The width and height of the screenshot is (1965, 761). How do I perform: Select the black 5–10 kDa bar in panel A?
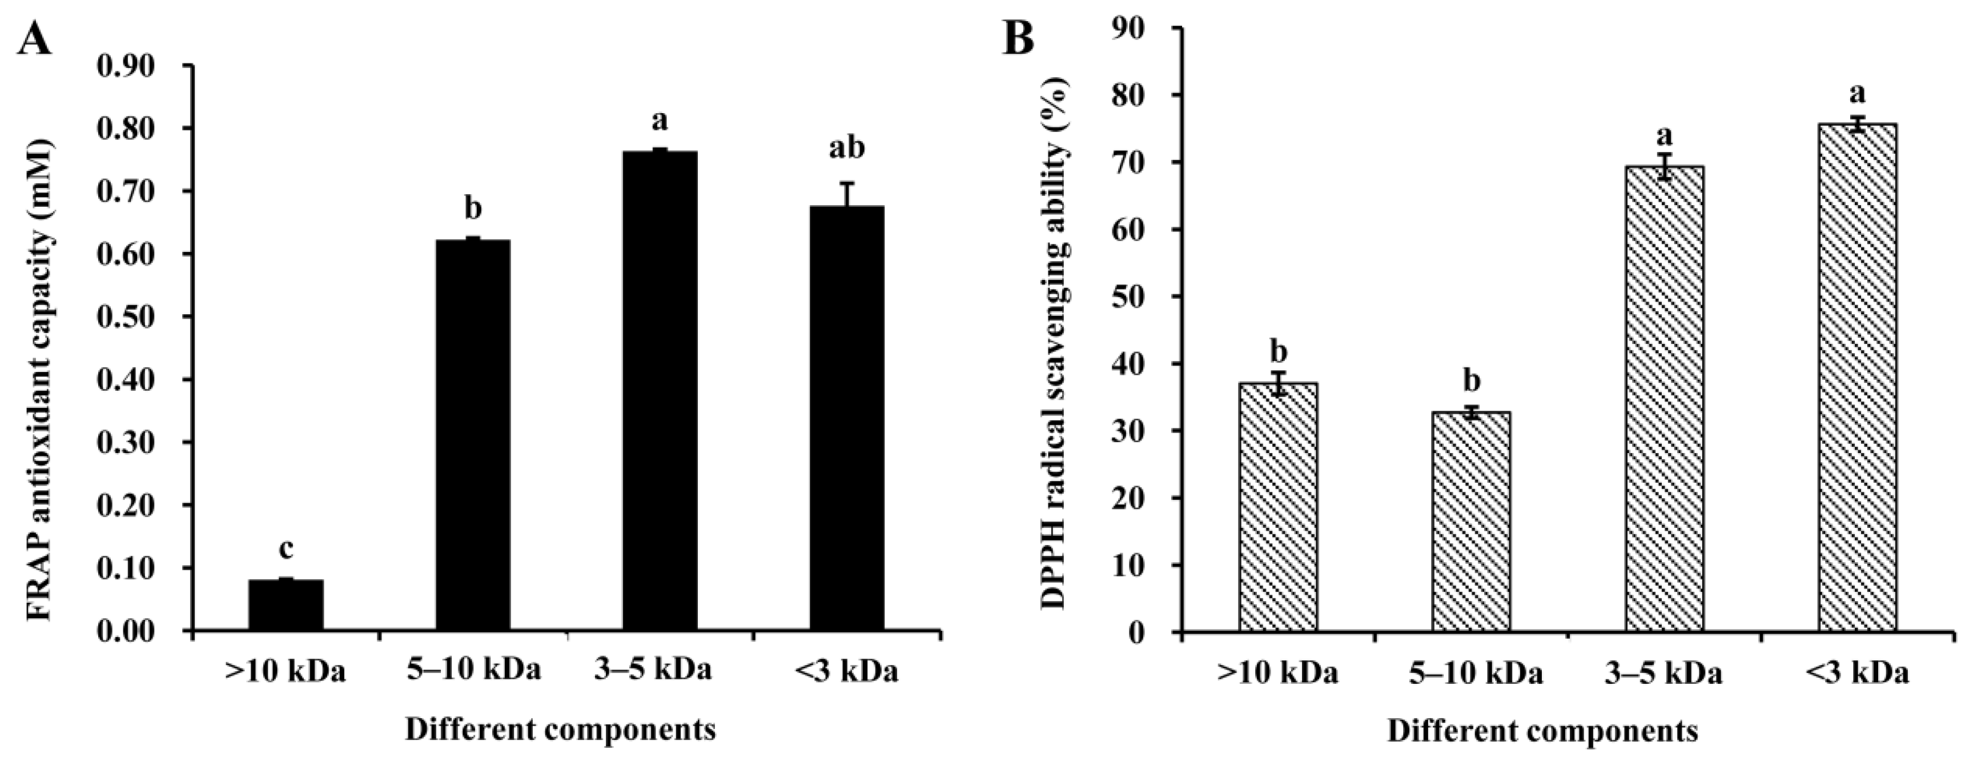coord(473,435)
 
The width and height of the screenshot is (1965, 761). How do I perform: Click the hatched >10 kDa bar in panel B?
coord(1279,507)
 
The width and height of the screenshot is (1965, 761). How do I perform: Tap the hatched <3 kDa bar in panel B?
coord(1858,378)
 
